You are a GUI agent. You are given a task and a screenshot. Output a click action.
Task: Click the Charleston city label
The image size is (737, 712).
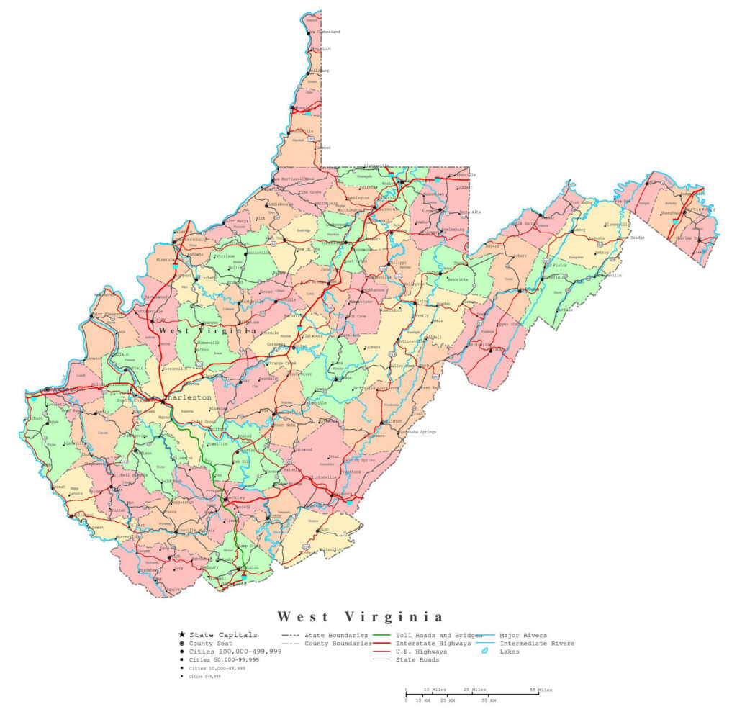coord(189,397)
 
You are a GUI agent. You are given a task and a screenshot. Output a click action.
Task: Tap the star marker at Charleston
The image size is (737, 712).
coord(163,401)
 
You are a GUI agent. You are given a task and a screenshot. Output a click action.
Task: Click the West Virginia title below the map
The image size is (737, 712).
coord(361,617)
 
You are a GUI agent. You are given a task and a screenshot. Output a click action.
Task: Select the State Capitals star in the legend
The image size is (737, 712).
coord(182,635)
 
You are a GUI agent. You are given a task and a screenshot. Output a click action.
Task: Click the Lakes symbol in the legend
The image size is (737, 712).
coord(485,652)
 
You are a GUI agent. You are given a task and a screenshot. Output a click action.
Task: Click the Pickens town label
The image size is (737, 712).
coord(372,347)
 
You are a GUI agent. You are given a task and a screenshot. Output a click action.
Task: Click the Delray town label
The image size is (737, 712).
coord(602,253)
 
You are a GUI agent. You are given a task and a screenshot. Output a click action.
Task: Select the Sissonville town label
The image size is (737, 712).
coord(175,369)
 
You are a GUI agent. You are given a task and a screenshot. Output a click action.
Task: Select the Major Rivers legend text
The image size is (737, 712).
coord(523,636)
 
